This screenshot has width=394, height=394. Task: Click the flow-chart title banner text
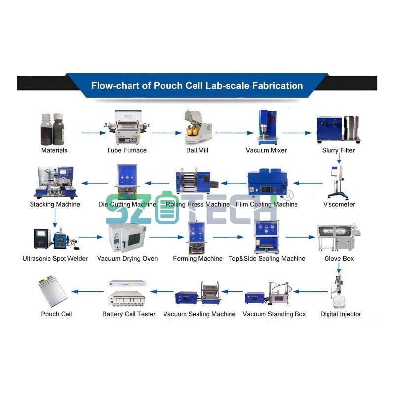click(197, 85)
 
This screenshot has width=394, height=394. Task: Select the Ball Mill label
click(197, 150)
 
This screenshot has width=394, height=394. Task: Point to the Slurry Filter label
click(338, 150)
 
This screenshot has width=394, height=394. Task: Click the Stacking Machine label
click(55, 204)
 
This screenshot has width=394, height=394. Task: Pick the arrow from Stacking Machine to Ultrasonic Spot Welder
click(55, 217)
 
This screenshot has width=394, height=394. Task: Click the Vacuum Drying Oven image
click(127, 237)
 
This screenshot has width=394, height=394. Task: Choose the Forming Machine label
click(197, 259)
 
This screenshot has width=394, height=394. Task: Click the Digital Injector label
click(340, 314)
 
